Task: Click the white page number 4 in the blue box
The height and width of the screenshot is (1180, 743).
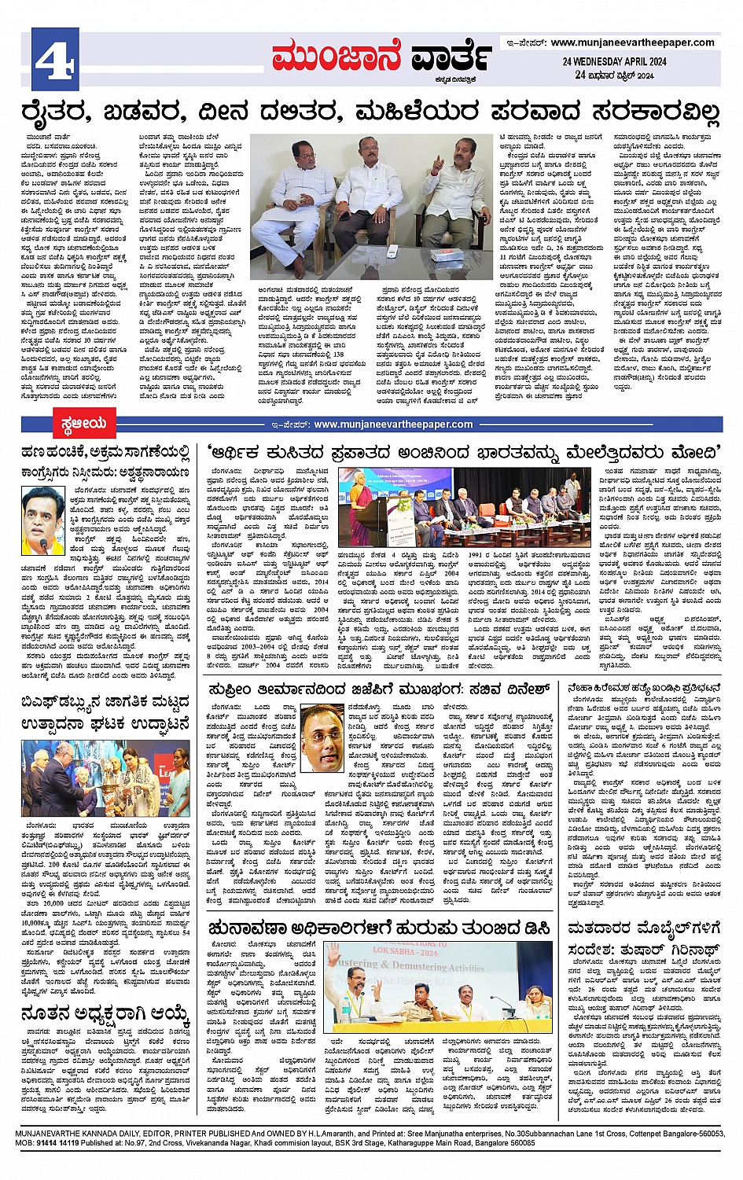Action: point(54,57)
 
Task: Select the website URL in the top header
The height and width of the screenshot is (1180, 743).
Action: point(633,42)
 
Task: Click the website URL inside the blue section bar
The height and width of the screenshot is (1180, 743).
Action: point(393,425)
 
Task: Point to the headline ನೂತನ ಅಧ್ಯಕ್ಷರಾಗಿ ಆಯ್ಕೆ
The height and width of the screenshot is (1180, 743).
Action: point(105,1013)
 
